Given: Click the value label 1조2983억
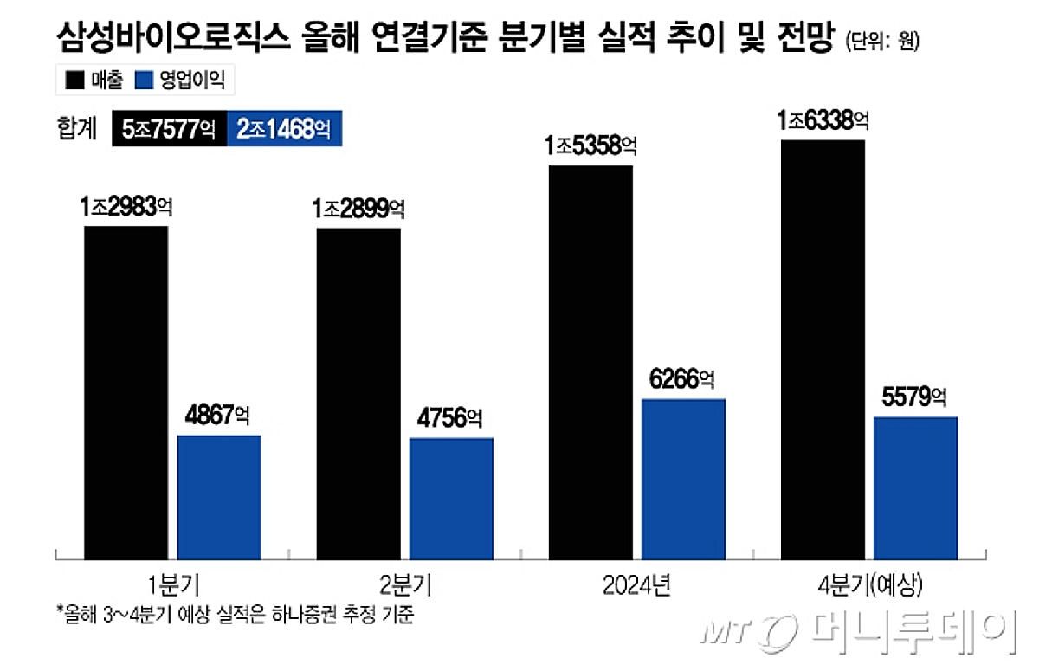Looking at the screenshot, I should (x=127, y=208).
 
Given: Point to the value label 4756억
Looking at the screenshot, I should (x=451, y=419).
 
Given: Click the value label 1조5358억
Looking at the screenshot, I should (x=590, y=145).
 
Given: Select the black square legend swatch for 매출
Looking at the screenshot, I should (x=75, y=81).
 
